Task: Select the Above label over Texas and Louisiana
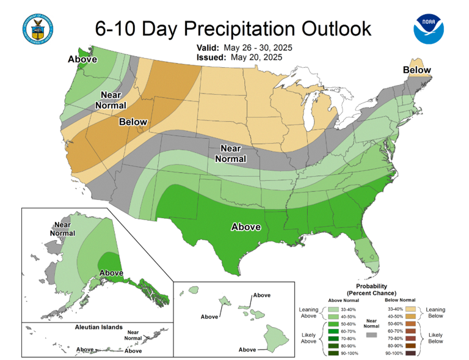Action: point(246,227)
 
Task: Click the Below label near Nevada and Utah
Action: point(133,122)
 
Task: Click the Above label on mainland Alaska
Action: point(112,272)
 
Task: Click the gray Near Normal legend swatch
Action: point(372,335)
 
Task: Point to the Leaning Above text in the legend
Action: point(308,314)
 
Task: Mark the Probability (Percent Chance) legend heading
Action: point(372,290)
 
